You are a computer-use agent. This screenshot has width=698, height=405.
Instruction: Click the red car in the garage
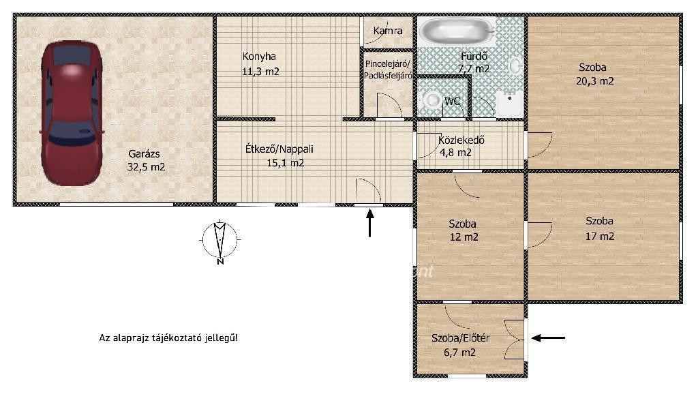point(72,113)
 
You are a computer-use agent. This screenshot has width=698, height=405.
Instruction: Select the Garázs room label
point(144,154)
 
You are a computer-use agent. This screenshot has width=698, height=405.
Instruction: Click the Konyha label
point(259,57)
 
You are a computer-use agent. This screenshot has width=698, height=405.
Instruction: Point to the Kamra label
point(388,31)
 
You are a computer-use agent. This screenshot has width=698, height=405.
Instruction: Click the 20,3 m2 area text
point(594,81)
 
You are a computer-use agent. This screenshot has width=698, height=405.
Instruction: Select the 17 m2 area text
point(600,237)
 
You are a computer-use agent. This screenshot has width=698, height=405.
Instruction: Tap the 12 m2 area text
point(464,237)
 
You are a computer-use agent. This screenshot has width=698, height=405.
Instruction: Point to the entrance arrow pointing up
point(369,222)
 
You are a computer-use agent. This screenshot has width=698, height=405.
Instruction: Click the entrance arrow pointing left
point(549,338)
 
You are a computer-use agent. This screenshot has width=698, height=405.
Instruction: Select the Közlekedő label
point(461,140)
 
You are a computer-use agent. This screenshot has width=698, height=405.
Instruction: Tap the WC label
point(453,101)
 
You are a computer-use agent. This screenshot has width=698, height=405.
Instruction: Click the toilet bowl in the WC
point(431,100)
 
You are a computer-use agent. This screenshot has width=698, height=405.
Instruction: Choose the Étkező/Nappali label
point(279,149)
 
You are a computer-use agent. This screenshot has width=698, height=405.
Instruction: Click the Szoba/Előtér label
point(460,338)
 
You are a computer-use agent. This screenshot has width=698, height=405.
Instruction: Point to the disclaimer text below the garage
point(168,337)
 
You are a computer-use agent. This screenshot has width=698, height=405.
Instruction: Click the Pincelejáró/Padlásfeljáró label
point(388,70)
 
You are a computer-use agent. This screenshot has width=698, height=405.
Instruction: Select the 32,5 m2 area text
point(146,167)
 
